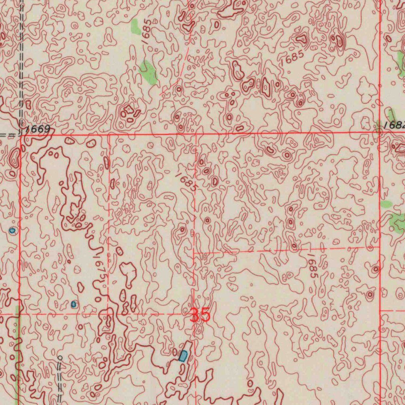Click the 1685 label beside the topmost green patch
tap(147, 31)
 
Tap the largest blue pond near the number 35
tap(183, 356)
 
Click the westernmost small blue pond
tap(12, 230)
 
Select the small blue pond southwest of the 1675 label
tap(74, 304)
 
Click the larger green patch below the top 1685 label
tap(148, 72)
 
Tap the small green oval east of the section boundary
tap(386, 204)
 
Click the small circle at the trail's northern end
tap(60, 357)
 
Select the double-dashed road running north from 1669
tap(22, 59)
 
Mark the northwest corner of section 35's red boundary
tap(20, 134)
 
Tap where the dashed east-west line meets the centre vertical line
tap(194, 252)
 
